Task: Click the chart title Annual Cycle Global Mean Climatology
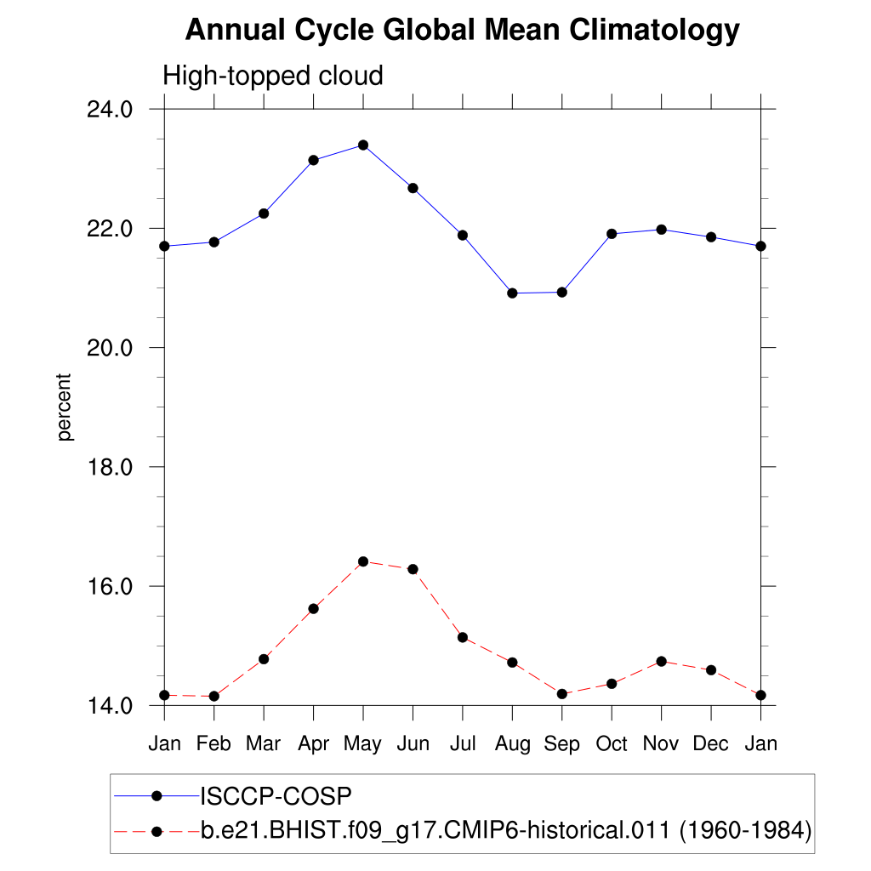tap(462, 31)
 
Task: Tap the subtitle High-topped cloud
tap(273, 77)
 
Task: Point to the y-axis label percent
tap(65, 407)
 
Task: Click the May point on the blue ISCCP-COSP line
tap(363, 145)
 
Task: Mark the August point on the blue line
tap(512, 293)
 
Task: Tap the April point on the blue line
tap(313, 160)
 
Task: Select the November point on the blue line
tap(661, 230)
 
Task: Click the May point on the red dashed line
tap(363, 561)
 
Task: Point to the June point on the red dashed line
tap(413, 569)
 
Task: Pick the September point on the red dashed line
tap(561, 694)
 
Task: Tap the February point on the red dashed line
tap(213, 697)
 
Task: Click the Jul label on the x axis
tap(462, 744)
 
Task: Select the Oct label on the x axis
tap(612, 744)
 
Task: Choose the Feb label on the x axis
tap(213, 744)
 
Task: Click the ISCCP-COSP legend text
tap(276, 796)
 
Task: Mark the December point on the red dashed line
tap(711, 670)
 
